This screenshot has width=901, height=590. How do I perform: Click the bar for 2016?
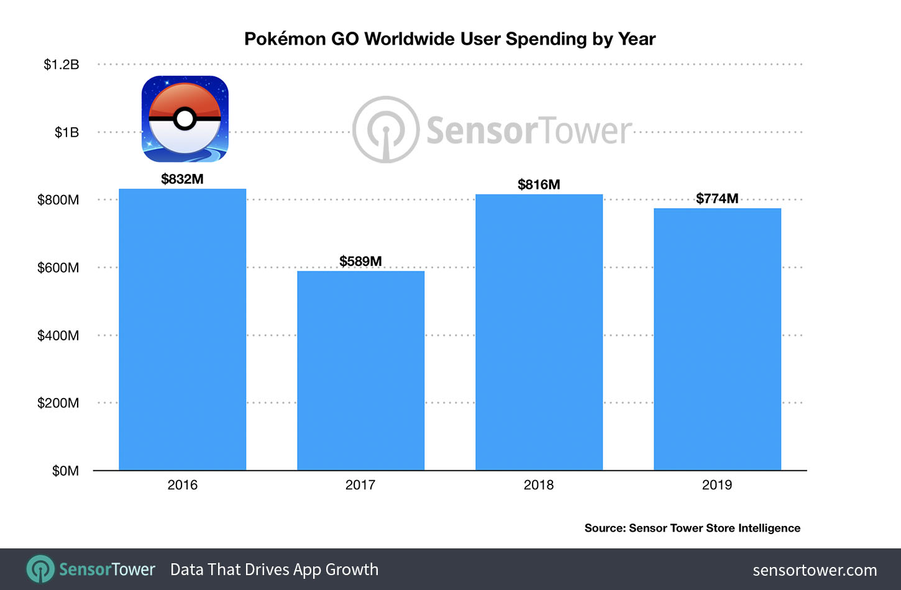[x=182, y=329]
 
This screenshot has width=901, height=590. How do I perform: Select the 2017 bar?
[x=360, y=370]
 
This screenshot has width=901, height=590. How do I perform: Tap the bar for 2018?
[x=539, y=332]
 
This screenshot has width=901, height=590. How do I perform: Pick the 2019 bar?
[x=717, y=339]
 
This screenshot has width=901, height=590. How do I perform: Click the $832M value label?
[x=182, y=179]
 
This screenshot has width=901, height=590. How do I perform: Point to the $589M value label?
[x=360, y=261]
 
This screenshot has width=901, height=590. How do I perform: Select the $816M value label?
[x=539, y=184]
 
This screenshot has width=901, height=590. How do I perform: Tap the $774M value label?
[x=717, y=199]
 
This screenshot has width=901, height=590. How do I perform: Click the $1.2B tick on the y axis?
[x=61, y=65]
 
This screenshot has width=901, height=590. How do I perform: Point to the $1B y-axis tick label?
[x=66, y=132]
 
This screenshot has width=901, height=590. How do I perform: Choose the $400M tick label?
[x=58, y=335]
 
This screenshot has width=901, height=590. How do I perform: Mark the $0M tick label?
[x=65, y=471]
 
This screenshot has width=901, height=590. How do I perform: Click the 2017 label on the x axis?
[x=360, y=485]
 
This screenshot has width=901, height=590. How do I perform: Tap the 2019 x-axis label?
[x=717, y=485]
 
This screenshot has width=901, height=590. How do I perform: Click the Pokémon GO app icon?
[x=185, y=119]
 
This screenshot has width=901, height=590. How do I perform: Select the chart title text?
[x=450, y=39]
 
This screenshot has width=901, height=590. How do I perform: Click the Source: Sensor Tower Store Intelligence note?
[x=692, y=528]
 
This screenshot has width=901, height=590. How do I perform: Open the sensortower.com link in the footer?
[x=815, y=570]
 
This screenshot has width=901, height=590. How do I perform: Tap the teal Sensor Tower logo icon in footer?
[x=41, y=570]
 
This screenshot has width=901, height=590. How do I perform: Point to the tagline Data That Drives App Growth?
[x=274, y=570]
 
